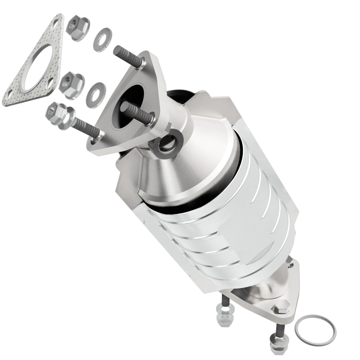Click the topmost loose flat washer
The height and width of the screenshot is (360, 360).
click(102, 39)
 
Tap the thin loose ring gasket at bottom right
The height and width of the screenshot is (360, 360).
click(315, 329)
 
